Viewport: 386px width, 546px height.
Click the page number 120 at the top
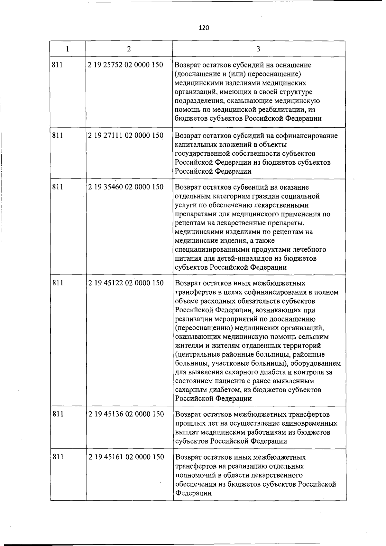click(204, 28)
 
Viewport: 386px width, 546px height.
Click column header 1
click(67, 49)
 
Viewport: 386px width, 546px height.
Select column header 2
click(129, 49)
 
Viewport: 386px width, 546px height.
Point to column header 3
click(258, 49)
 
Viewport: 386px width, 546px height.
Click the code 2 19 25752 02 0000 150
click(125, 65)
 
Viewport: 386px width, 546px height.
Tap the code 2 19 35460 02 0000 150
click(126, 187)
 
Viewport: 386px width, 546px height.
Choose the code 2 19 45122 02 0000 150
click(126, 283)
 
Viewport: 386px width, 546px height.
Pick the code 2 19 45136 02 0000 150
click(126, 414)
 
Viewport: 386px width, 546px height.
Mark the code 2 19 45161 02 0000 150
click(126, 457)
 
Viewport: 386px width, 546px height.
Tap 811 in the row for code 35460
click(58, 187)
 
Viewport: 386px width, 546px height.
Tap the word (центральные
click(198, 355)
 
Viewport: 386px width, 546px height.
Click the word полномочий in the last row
click(194, 475)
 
